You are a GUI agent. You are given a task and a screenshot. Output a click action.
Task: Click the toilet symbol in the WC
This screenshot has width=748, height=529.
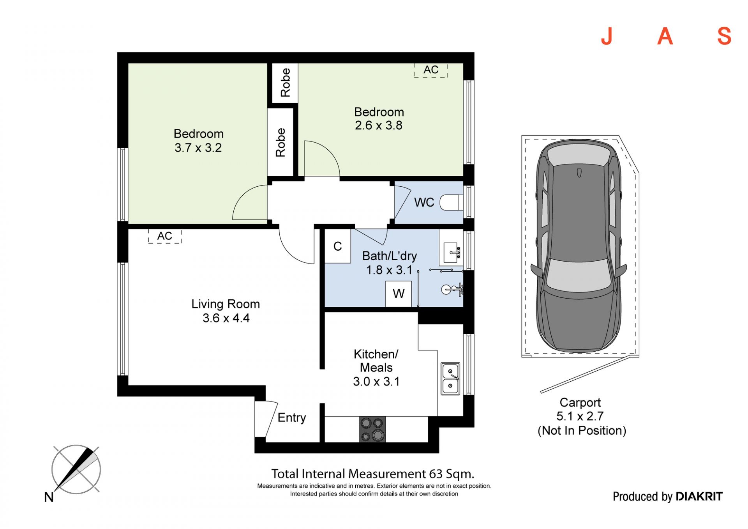tap(452, 203)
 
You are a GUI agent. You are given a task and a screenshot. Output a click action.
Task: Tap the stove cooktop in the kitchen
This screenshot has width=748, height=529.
tap(372, 429)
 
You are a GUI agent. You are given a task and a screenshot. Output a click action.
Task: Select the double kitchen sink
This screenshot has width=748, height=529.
tap(450, 379)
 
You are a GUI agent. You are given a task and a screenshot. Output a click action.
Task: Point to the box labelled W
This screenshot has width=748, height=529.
tap(399, 294)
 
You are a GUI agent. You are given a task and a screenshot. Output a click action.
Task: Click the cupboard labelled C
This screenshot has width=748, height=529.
tap(338, 246)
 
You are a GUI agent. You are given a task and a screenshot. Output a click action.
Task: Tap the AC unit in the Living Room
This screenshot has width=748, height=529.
tap(165, 236)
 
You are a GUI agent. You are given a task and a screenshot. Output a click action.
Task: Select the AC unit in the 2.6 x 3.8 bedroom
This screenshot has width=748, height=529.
tap(430, 70)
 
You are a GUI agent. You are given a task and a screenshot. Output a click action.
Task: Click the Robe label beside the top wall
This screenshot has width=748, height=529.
tap(285, 83)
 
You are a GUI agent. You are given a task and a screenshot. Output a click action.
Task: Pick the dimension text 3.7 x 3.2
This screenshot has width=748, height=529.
tap(198, 148)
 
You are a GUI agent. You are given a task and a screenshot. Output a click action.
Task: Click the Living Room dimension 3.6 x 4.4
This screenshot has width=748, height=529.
tap(226, 318)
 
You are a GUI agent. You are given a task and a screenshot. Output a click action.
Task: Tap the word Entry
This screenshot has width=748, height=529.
tap(292, 418)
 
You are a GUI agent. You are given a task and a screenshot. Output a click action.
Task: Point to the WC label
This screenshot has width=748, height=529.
tap(424, 202)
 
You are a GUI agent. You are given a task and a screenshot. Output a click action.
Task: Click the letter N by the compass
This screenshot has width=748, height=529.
tap(49, 497)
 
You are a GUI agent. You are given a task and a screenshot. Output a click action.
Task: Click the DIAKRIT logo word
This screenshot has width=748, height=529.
tap(699, 496)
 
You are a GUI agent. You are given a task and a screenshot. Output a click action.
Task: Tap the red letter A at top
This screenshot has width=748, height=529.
tap(665, 37)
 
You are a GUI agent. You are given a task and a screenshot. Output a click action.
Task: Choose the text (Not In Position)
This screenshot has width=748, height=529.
tap(582, 431)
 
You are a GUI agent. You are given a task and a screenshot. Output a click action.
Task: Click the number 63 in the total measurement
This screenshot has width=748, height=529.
tap(436, 474)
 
